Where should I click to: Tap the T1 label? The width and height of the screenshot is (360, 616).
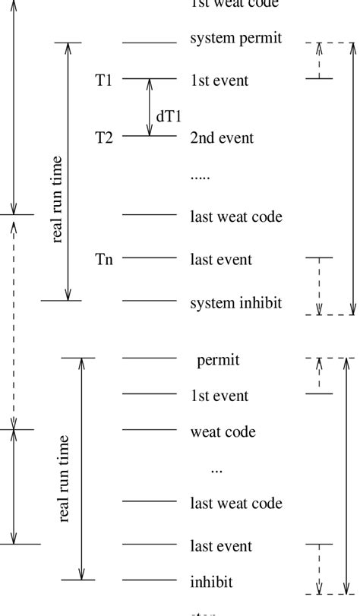pos(103,80)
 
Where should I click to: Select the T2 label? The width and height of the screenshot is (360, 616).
pos(103,137)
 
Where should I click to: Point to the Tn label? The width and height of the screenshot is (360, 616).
pos(104,260)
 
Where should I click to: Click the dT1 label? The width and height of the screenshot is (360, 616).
pos(169,116)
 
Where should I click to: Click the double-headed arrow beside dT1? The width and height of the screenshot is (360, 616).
pos(150,107)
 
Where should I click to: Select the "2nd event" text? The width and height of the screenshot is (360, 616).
pos(222,138)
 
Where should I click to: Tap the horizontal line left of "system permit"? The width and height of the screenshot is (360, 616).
pos(149,43)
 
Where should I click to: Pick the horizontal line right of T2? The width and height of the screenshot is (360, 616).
pos(149,136)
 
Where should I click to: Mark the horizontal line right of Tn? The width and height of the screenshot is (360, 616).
pos(149,257)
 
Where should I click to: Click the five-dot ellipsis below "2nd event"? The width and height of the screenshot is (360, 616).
pos(200,176)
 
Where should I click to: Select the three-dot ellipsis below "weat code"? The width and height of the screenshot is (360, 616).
pos(216,470)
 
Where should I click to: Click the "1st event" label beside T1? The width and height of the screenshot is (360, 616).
pos(219,81)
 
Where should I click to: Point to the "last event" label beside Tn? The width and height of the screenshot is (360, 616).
pos(221,260)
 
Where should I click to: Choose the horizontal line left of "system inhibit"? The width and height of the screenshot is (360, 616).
pos(149,300)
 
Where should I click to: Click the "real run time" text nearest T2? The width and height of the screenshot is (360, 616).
pos(57,199)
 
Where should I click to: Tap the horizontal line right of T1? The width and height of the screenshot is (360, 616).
pos(149,78)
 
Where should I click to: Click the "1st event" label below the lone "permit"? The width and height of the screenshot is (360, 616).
pos(219,396)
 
